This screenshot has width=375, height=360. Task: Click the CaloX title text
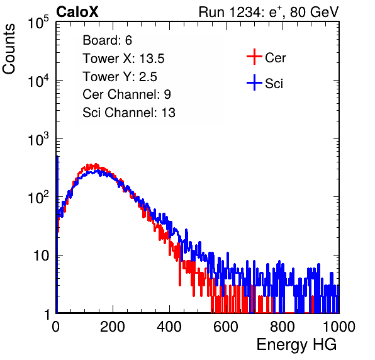coord(77,12)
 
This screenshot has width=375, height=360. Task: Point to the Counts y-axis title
coord(9,49)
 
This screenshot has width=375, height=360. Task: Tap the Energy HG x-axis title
coord(296,345)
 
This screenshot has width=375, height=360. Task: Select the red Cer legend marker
coord(254,57)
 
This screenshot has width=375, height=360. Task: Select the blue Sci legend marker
coord(254,82)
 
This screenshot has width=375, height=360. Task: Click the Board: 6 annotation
coord(107,40)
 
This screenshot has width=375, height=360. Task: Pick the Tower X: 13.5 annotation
coord(123,59)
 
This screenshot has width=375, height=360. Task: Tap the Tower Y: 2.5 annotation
coord(120,77)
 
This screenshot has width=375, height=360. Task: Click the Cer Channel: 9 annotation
coord(126,94)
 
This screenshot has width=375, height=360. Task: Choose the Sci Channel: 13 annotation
coord(129,113)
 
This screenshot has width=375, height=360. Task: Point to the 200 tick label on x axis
coord(113,327)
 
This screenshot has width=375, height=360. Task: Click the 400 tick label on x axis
coord(169,327)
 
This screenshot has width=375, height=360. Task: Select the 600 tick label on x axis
coord(226,327)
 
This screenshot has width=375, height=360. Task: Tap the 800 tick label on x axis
coord(283,327)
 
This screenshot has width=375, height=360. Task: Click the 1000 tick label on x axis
coord(339,327)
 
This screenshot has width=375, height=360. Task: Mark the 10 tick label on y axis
coord(41,256)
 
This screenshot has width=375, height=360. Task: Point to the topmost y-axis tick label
coord(38,23)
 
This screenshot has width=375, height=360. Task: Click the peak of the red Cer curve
coord(96,164)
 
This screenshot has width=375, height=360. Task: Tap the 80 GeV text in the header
coord(314,13)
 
